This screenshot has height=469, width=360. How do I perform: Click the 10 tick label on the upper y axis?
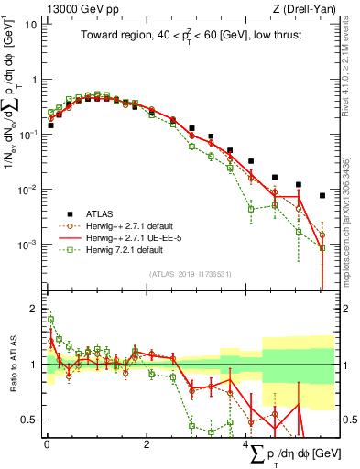click(30, 25)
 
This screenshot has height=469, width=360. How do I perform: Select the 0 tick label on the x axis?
click(47, 443)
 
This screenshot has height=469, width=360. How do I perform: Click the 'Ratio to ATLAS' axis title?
click(10, 365)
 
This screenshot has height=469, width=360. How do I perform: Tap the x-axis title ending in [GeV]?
click(294, 455)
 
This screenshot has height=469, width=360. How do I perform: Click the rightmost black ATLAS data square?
click(322, 195)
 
